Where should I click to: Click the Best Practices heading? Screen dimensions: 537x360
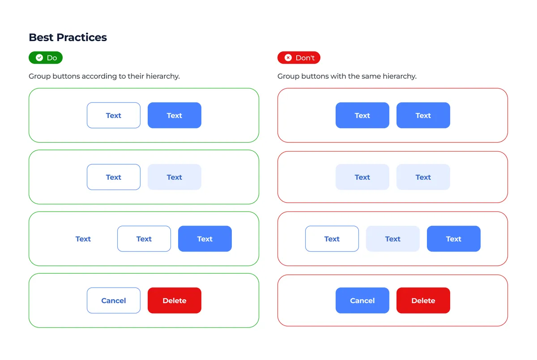[68, 38]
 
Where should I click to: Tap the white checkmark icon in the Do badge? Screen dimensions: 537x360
[39, 58]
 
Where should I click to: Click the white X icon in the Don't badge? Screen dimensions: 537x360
[288, 58]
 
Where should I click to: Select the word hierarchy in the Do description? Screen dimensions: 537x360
[162, 76]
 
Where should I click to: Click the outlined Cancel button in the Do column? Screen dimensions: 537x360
[114, 301]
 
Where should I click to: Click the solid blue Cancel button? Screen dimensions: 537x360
[362, 301]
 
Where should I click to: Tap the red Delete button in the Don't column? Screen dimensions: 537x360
[423, 301]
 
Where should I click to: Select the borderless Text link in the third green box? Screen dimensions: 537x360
[83, 239]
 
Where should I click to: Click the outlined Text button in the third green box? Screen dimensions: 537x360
[144, 239]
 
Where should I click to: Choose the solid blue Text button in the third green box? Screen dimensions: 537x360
[205, 239]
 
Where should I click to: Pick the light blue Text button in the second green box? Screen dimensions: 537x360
[175, 177]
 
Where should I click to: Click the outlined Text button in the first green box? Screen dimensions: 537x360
[114, 115]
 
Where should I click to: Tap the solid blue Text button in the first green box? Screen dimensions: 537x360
[175, 115]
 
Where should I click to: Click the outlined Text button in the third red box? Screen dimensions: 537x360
[332, 239]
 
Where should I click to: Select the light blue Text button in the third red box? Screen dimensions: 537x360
[393, 239]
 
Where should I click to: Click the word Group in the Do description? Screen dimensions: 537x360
[39, 76]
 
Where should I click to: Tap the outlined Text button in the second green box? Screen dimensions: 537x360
[114, 177]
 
